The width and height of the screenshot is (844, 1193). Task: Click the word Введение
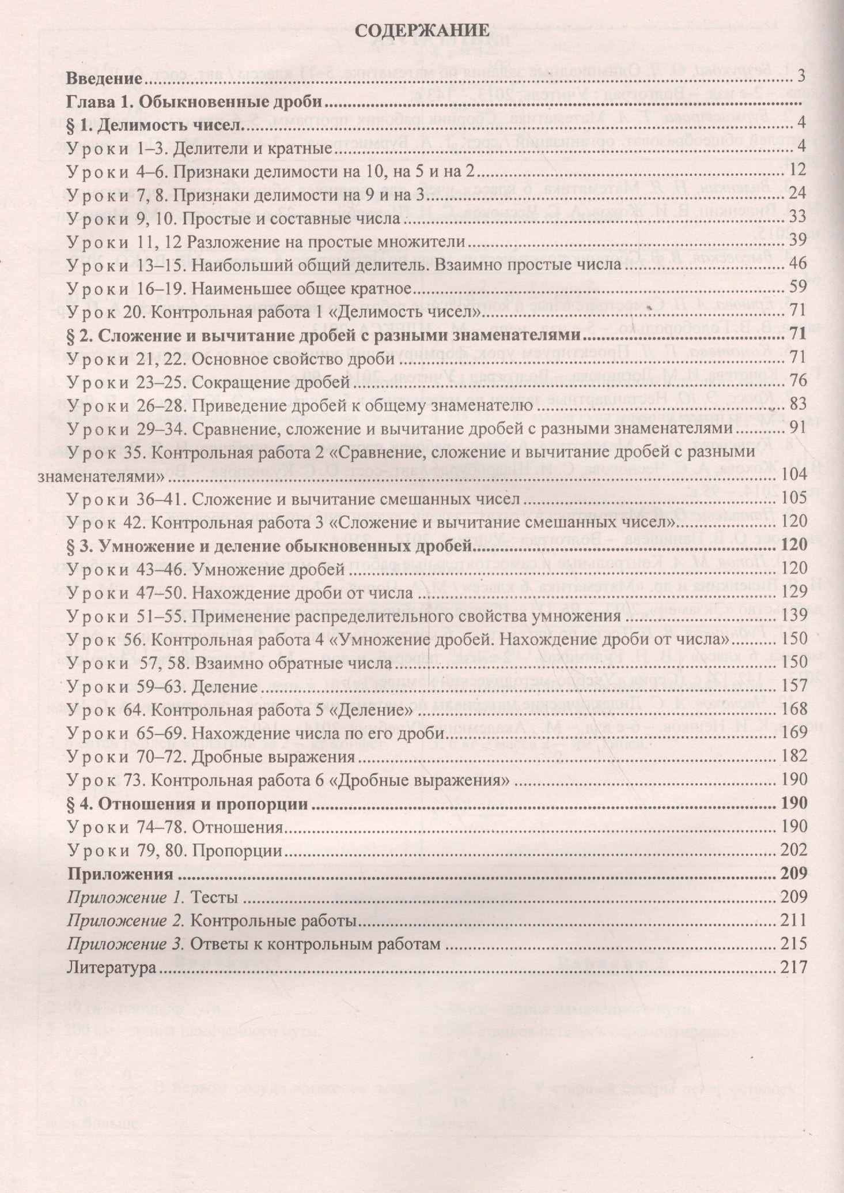point(102,78)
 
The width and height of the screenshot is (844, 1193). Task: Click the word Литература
point(111,967)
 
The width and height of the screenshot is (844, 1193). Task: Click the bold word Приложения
point(120,874)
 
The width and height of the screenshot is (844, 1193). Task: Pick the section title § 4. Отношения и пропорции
point(187,803)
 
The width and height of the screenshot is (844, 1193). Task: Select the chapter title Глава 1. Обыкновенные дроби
point(197,102)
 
